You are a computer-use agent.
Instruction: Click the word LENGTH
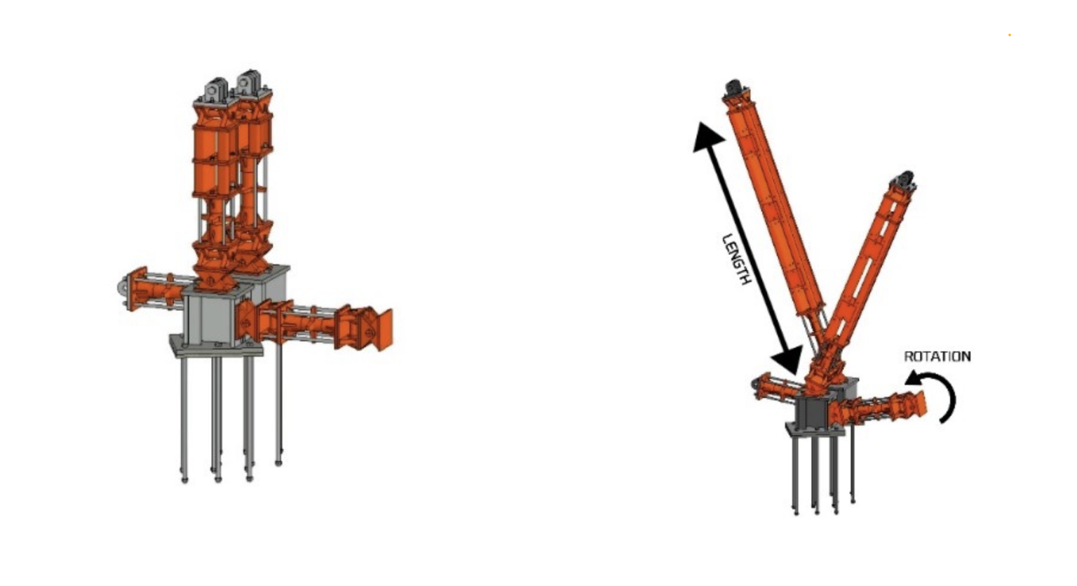[x=737, y=260]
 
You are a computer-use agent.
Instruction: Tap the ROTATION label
[x=937, y=357]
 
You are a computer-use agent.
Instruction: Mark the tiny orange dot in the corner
[x=1010, y=34]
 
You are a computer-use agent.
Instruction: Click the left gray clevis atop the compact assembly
[x=216, y=90]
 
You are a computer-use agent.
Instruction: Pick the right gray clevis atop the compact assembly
[x=250, y=83]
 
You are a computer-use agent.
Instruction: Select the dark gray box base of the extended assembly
[x=813, y=412]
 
